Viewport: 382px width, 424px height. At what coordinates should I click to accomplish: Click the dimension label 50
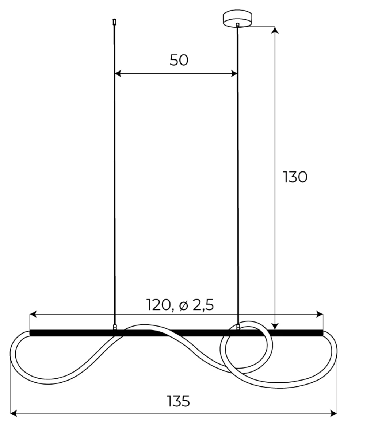[179, 60]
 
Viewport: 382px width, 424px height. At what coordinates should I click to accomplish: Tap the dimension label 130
[295, 177]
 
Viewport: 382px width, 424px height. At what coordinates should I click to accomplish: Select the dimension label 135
[179, 401]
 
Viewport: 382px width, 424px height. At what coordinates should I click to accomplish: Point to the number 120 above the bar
[158, 305]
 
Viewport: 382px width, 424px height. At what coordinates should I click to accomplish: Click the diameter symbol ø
[184, 305]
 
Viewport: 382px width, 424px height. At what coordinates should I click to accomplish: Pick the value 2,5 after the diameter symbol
[203, 305]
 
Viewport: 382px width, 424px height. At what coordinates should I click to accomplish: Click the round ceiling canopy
[237, 18]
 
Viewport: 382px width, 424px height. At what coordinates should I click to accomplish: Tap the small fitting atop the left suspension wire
[114, 22]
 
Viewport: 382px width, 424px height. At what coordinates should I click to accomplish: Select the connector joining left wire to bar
[115, 327]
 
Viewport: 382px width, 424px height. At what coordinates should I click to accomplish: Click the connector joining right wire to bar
[238, 327]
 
